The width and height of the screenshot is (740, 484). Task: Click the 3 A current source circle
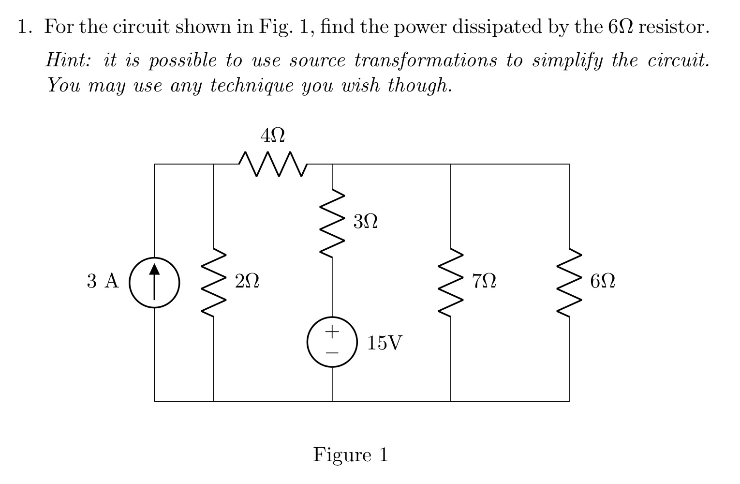point(154,282)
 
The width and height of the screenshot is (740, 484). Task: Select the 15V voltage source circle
point(332,342)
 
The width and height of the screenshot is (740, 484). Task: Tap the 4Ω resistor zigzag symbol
point(273,164)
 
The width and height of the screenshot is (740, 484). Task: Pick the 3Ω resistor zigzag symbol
point(332,223)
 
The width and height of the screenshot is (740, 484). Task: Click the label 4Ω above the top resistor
point(272,136)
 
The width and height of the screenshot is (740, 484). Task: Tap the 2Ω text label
point(247,281)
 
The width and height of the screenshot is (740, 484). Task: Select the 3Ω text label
point(365,222)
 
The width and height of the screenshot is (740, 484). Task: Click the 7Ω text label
point(484,281)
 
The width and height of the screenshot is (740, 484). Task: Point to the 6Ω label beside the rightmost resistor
point(603,281)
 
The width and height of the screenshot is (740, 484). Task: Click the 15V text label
point(385,343)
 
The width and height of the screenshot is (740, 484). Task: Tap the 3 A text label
point(103,281)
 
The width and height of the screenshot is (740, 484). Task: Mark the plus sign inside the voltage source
point(332,332)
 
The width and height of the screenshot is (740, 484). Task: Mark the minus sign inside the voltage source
point(332,353)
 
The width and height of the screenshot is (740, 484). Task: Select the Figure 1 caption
point(351,455)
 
